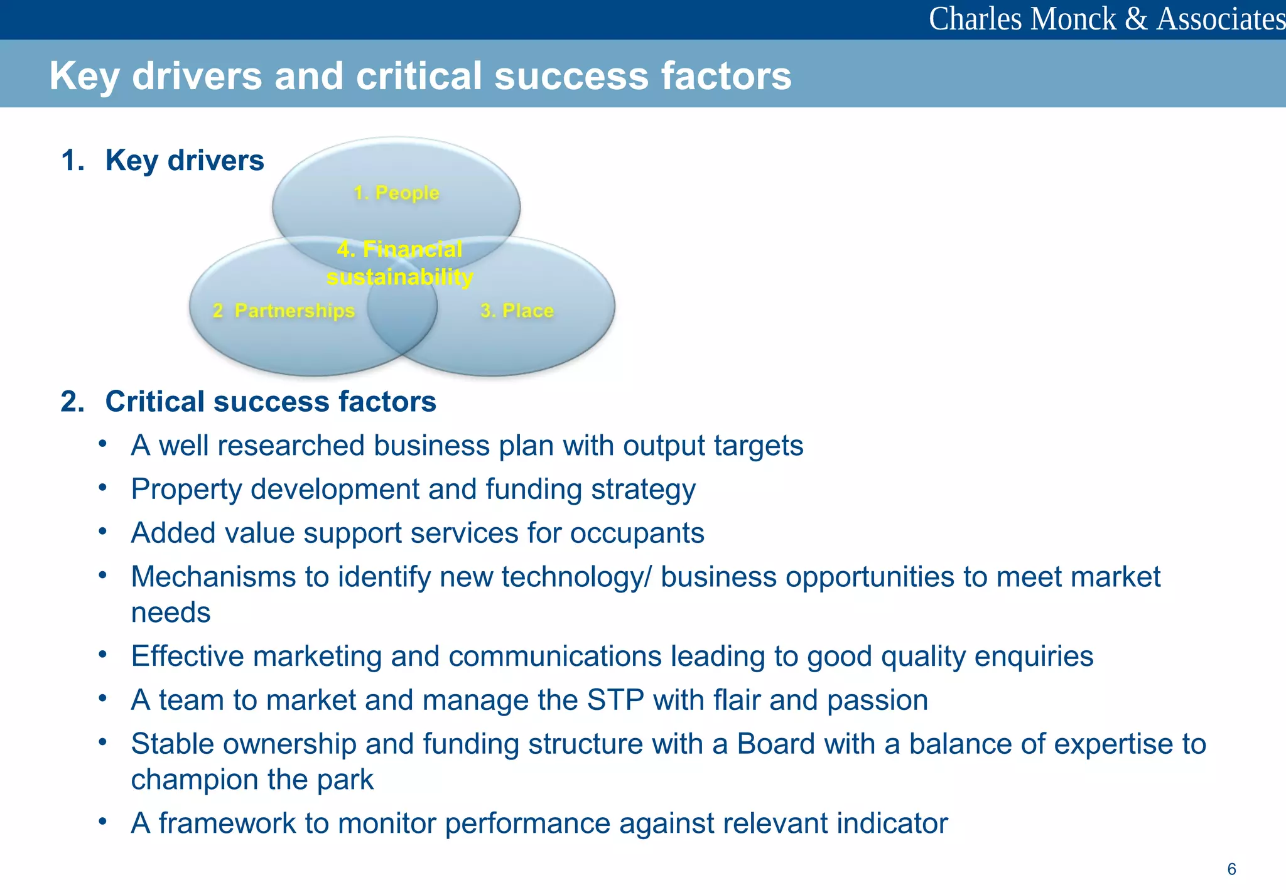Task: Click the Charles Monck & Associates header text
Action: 1106,19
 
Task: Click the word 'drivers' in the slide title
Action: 197,76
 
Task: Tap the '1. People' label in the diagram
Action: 396,193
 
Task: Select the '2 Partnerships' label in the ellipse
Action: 284,311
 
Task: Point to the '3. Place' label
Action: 517,311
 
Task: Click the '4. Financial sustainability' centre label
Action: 400,263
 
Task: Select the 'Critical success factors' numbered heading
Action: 270,402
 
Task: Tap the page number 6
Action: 1231,869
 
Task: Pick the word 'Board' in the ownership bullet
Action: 775,744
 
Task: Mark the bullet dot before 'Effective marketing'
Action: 102,655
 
